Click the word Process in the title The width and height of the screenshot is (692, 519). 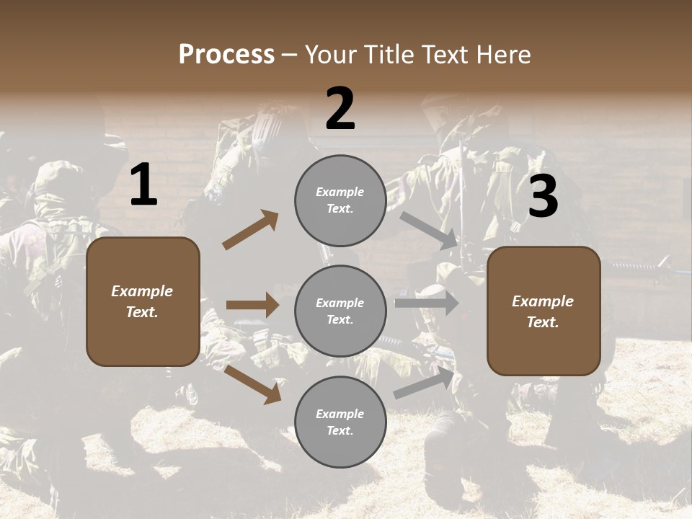click(x=226, y=55)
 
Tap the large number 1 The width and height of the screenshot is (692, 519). click(x=143, y=186)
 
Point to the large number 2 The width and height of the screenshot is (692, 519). click(x=340, y=109)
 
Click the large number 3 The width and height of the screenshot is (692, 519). click(x=543, y=197)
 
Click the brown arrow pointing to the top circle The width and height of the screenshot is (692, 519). click(x=251, y=230)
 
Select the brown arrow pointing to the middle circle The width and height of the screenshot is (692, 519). click(x=252, y=305)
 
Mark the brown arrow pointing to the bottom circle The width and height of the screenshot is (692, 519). click(x=252, y=383)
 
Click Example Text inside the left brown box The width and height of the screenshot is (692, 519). click(x=142, y=301)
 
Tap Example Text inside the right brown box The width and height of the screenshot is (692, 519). click(x=543, y=311)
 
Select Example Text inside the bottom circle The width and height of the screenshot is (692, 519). click(x=340, y=422)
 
